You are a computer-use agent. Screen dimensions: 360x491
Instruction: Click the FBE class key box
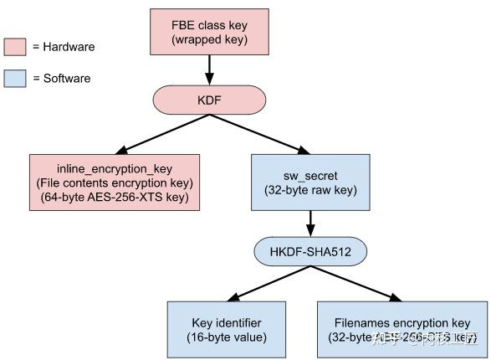pos(209,29)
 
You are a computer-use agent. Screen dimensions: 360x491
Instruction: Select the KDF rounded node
pos(209,100)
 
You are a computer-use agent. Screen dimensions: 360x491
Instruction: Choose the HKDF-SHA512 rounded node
pos(311,250)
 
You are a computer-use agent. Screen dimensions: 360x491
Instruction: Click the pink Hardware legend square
pos(14,46)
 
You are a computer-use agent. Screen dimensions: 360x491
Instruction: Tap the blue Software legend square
pos(14,78)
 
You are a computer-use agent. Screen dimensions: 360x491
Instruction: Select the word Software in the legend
pos(67,78)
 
